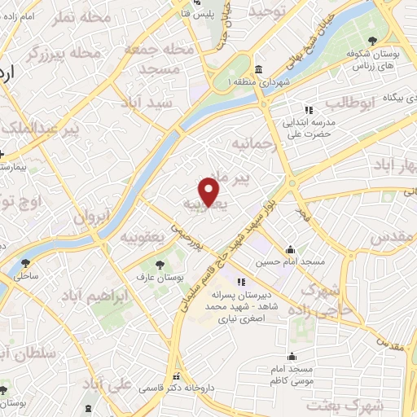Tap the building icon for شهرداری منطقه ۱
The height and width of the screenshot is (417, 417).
click(258, 69)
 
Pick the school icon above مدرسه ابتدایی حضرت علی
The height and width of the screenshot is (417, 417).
click(308, 110)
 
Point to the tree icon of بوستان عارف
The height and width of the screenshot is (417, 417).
click(159, 263)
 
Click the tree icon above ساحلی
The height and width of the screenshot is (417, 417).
click(26, 262)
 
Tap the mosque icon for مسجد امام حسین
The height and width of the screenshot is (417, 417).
click(291, 249)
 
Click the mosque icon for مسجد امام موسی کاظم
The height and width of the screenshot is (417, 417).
click(292, 356)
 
